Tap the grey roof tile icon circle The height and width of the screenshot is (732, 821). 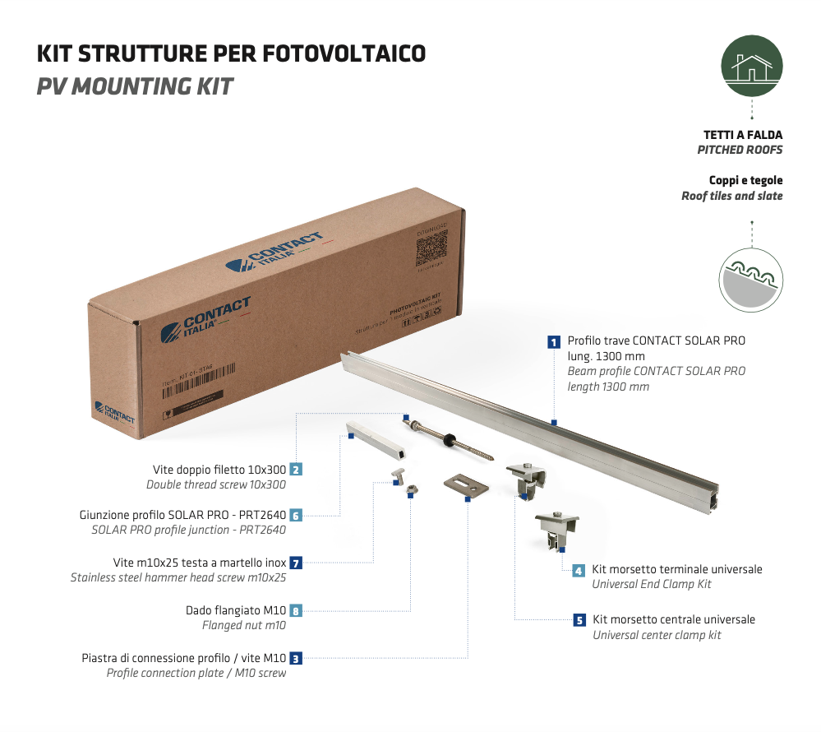click(751, 281)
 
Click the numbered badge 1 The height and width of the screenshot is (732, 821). click(555, 340)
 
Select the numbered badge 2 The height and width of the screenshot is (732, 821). click(296, 470)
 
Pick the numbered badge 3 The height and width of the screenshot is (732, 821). click(296, 658)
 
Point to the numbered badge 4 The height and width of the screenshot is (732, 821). click(579, 570)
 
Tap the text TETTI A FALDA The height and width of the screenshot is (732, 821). click(743, 135)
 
